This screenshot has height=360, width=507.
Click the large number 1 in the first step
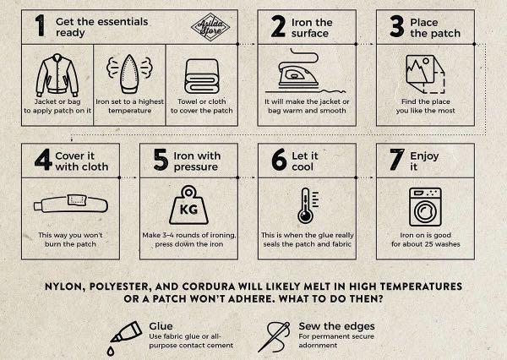click(40, 25)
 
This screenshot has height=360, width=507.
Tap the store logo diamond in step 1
click(210, 27)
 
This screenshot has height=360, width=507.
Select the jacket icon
click(57, 75)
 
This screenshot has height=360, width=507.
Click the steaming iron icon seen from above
click(129, 74)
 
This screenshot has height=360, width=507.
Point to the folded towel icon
click(202, 76)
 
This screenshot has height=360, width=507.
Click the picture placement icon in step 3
click(425, 74)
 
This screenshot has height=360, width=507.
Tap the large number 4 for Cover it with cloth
click(43, 160)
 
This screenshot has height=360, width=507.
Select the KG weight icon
click(188, 205)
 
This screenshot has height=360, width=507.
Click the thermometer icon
click(308, 205)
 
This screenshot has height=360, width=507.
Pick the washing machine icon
click(425, 207)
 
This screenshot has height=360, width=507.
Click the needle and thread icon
click(274, 336)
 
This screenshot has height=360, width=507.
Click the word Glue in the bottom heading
click(161, 326)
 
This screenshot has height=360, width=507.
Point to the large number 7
click(397, 160)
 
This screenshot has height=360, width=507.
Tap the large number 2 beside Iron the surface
click(278, 26)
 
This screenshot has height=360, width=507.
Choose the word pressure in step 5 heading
click(196, 167)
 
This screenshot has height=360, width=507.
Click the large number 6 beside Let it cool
click(279, 160)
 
